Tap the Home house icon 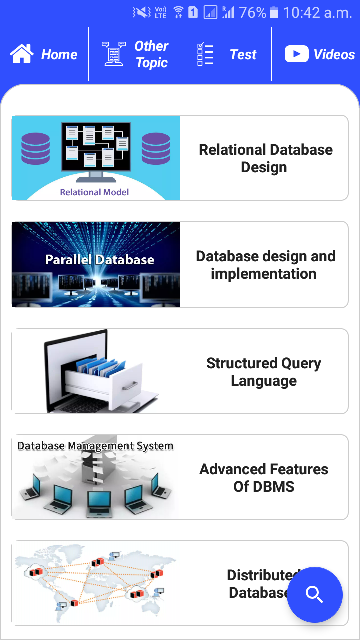(x=22, y=54)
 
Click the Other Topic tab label (x=152, y=54)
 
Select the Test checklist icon (x=205, y=54)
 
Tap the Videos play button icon (x=297, y=54)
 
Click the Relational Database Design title (x=265, y=158)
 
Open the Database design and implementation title (x=265, y=265)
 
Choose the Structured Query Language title (x=264, y=372)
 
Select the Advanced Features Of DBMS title (x=264, y=478)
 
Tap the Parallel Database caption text (x=100, y=260)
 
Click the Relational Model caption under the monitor (x=94, y=192)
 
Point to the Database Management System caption (x=95, y=446)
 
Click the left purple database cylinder (x=35, y=148)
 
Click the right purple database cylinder (x=156, y=148)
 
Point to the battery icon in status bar (x=273, y=13)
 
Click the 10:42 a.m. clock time (x=318, y=13)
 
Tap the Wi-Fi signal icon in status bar (x=178, y=13)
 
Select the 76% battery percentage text (x=252, y=13)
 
